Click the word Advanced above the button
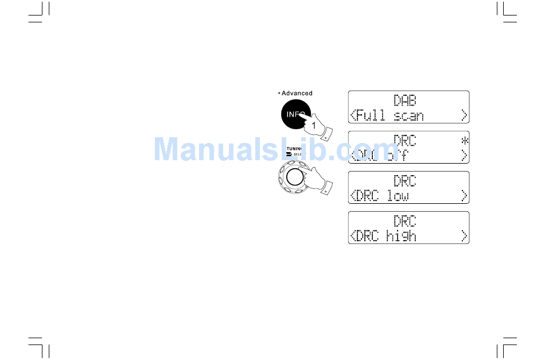(297, 93)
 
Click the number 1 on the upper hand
(313, 125)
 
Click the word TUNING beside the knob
(294, 148)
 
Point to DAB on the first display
(405, 100)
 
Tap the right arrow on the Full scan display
(464, 115)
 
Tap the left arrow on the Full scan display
(352, 115)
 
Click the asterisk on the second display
(464, 141)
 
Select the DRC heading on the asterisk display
(405, 141)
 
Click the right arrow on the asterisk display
(464, 156)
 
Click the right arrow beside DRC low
(464, 196)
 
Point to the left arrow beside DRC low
(352, 196)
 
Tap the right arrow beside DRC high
(464, 236)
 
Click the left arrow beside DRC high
(352, 236)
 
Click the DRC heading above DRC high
(405, 221)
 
